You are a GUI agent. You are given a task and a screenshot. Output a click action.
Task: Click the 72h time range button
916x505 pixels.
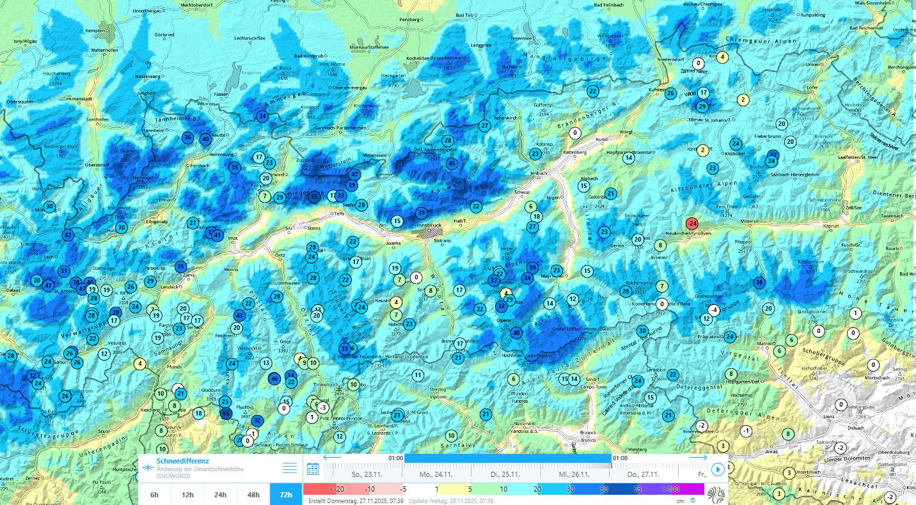(x=286, y=494)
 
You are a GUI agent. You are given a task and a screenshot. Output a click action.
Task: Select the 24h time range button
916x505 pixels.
(x=220, y=494)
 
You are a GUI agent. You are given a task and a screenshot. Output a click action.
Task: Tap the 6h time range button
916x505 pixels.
(x=154, y=494)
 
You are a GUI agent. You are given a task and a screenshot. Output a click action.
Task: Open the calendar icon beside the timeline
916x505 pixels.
(x=313, y=469)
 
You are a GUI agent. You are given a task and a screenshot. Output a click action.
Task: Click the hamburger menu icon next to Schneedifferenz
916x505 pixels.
(x=290, y=468)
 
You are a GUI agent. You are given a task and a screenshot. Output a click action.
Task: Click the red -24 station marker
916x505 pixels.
(x=691, y=223)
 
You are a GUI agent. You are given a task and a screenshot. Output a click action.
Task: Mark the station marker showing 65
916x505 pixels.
(x=225, y=414)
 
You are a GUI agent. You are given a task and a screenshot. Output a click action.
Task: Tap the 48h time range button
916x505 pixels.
(x=253, y=494)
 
